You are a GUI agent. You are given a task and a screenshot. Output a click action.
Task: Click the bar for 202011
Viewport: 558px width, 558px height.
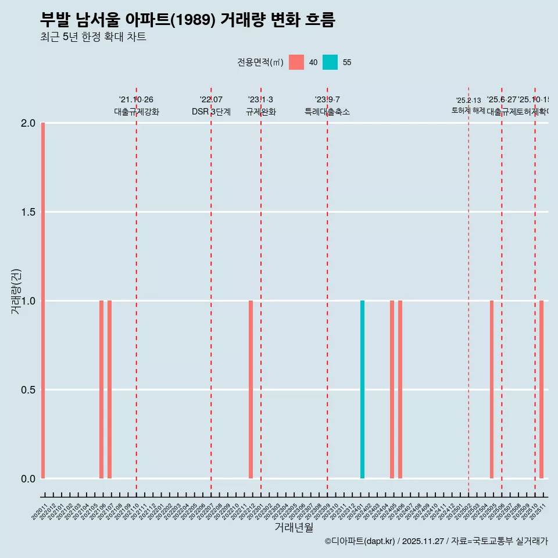(43, 301)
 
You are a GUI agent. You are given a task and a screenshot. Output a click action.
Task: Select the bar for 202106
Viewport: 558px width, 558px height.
(101, 389)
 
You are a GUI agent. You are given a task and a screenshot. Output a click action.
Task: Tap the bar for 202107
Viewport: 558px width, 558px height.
(109, 389)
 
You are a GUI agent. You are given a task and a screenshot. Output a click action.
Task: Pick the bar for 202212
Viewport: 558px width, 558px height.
(251, 389)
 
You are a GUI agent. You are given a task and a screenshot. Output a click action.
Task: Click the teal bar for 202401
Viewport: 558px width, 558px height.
(362, 389)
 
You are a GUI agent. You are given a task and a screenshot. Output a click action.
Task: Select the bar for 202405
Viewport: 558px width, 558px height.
(392, 389)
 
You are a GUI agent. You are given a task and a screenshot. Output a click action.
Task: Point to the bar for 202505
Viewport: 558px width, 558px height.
(491, 389)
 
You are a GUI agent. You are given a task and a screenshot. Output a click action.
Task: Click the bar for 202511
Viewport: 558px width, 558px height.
(541, 389)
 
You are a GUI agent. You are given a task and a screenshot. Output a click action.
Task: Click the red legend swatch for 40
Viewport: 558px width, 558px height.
(296, 62)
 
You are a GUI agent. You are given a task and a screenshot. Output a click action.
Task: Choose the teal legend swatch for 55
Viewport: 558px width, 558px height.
(330, 62)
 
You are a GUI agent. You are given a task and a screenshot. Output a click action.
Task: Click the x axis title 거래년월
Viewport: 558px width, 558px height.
(294, 527)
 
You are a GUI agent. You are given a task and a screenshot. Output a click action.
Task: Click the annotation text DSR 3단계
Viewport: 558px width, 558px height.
(211, 112)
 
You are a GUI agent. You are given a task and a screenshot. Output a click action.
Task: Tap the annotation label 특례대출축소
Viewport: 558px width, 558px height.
(327, 112)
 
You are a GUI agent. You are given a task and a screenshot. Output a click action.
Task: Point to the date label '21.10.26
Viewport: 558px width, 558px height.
(136, 100)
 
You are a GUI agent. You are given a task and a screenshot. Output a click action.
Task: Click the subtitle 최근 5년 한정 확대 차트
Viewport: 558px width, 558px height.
(93, 37)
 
